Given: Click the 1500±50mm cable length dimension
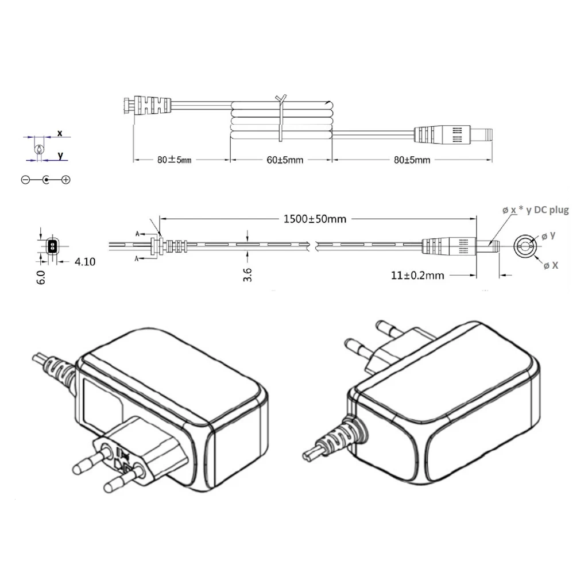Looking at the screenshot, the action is pos(315,219).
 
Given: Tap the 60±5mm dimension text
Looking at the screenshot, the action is pos(285,160).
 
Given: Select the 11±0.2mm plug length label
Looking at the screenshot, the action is pos(417,275).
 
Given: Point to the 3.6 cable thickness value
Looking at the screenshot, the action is pos(247,274).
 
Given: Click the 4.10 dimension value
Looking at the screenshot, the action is pos(85,261).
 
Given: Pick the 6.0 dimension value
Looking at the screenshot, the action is pos(41,277).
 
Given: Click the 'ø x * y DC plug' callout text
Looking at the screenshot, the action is pos(536,210).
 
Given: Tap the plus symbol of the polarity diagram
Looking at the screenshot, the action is pos(66,180).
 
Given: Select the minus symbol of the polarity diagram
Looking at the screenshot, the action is pos(25,180).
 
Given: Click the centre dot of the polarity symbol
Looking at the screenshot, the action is pos(46,180).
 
